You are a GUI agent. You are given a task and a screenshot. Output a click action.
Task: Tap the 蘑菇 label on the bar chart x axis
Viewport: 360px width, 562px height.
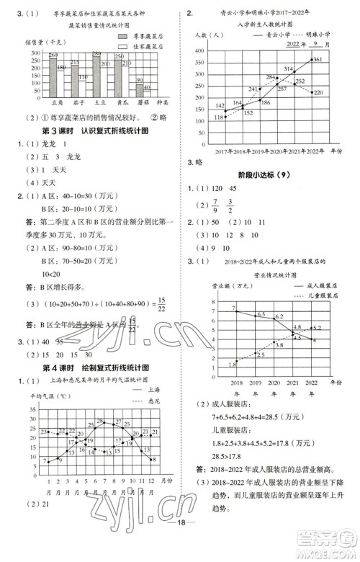(x=141, y=102)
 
